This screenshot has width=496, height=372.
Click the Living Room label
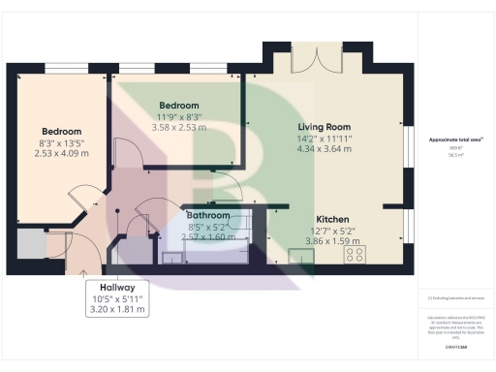(x=325, y=127)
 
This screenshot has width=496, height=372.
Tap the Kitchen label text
(x=332, y=220)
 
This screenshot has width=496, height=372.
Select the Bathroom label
(x=208, y=215)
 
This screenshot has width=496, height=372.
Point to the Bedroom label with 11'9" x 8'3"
(x=178, y=106)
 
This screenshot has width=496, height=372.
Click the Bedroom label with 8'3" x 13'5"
(x=61, y=131)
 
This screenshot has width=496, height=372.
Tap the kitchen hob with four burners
(x=356, y=256)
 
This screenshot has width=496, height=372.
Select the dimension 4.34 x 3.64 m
(x=325, y=148)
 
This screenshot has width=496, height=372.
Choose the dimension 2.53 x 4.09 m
(x=61, y=153)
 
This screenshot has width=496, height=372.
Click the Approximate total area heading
(x=454, y=139)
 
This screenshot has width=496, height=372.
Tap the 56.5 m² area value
(x=454, y=153)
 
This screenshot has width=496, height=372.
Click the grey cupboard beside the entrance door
(x=30, y=246)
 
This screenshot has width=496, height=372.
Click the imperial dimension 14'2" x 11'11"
(x=325, y=138)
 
